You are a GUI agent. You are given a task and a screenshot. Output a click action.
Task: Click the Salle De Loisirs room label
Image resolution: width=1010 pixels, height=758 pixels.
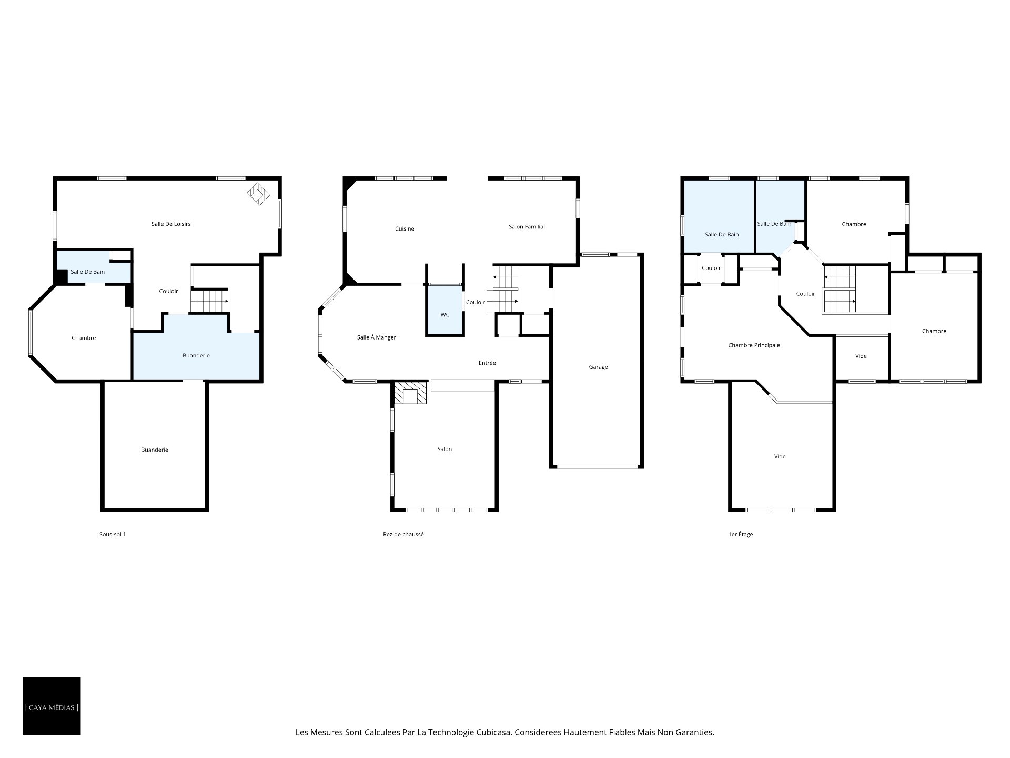171,224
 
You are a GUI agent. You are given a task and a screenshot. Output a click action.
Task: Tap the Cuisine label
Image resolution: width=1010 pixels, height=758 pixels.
405,228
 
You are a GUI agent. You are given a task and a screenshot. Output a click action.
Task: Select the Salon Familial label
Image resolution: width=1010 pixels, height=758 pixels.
527,227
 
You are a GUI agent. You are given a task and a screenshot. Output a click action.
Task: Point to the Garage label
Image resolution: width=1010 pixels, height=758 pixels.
598,367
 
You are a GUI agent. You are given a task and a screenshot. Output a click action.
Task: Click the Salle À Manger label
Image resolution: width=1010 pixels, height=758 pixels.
377,337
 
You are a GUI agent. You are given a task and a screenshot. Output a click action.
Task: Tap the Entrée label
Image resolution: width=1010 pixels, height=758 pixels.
487,363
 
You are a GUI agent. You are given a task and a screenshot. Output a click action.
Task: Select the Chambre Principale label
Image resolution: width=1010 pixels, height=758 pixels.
754,345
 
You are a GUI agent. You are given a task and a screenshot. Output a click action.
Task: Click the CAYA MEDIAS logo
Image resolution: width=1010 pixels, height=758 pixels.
52,706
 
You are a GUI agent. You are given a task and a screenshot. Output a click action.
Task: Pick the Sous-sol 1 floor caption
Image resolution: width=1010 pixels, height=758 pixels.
113,534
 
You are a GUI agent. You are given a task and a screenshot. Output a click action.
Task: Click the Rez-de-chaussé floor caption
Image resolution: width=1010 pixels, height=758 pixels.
403,534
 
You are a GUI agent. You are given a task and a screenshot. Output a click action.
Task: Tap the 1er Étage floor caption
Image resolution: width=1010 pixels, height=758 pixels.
741,534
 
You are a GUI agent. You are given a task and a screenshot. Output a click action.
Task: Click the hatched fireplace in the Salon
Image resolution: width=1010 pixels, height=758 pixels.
411,393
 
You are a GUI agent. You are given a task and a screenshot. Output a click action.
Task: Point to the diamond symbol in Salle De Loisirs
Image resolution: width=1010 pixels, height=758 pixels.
259,194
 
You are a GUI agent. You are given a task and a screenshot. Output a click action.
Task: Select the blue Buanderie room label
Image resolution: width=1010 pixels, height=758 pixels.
196,355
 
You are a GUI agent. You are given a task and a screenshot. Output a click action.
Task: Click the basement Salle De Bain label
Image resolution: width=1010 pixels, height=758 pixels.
88,272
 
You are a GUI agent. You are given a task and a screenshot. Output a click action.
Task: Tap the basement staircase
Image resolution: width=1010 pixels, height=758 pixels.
210,301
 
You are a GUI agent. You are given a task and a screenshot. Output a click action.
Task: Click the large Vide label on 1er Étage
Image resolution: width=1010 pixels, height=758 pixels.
780,456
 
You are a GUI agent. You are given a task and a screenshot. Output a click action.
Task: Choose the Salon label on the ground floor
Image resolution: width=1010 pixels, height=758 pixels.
445,449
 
